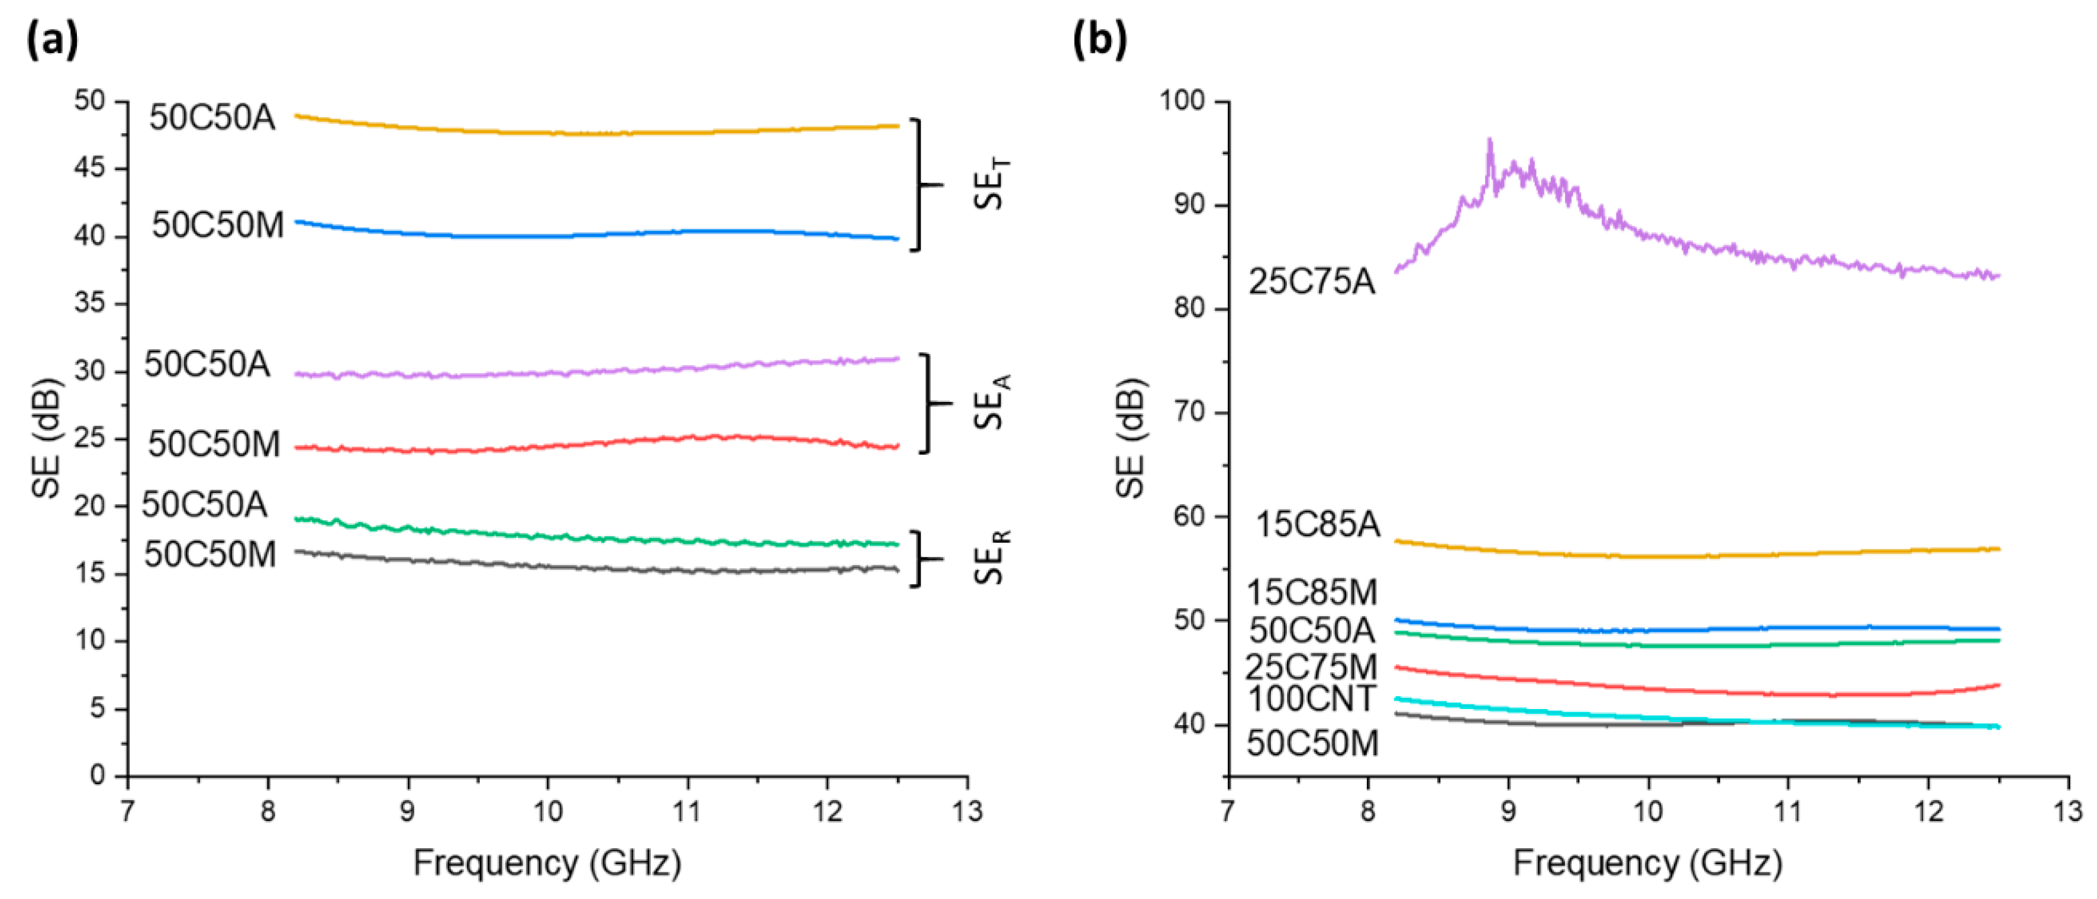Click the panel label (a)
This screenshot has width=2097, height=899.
pyautogui.click(x=52, y=39)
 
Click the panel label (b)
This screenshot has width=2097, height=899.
pyautogui.click(x=1099, y=39)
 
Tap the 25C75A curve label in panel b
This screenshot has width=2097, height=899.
pyautogui.click(x=1311, y=282)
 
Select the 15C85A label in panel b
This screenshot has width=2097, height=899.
pyautogui.click(x=1318, y=524)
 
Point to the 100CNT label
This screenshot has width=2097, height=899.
pyautogui.click(x=1311, y=699)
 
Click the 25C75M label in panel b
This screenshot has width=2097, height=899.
pyautogui.click(x=1311, y=667)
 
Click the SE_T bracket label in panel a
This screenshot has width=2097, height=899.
pyautogui.click(x=992, y=184)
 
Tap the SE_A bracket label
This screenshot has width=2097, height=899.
pyautogui.click(x=992, y=402)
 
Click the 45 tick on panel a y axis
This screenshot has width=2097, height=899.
pyautogui.click(x=89, y=169)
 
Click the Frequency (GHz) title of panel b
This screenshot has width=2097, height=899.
pyautogui.click(x=1647, y=863)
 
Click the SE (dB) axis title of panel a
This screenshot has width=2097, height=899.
pyautogui.click(x=47, y=437)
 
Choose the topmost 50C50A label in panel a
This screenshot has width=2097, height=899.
pyautogui.click(x=212, y=118)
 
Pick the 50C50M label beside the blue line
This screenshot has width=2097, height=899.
pyautogui.click(x=217, y=225)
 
